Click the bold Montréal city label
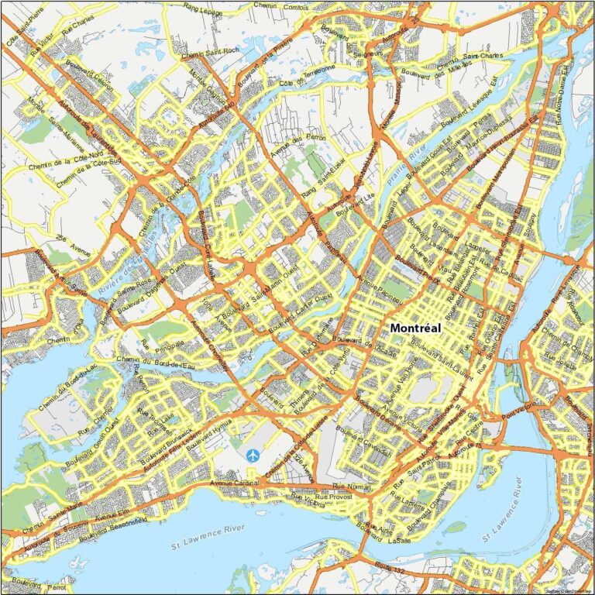pos(415,328)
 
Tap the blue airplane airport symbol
pos(253,456)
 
